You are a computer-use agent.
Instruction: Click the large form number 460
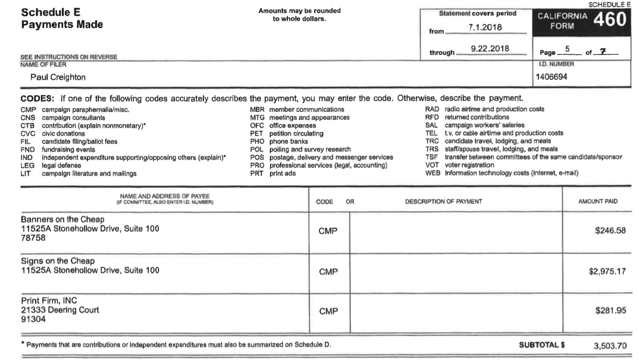610,20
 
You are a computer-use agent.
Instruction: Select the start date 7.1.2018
486,27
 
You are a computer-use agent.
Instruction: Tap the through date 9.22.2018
490,49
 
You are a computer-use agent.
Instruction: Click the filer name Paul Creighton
58,77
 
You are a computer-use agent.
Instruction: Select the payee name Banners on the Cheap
62,220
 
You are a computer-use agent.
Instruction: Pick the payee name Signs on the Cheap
58,261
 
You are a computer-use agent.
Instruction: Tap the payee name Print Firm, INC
49,300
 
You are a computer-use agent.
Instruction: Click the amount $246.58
610,231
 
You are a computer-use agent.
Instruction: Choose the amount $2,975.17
607,271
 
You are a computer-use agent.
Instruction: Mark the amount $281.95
610,311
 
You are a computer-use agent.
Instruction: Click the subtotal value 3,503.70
610,346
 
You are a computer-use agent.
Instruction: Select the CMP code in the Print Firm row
328,311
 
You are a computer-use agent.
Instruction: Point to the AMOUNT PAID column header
597,202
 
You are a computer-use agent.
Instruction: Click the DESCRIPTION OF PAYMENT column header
443,202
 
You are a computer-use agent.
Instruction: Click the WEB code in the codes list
432,173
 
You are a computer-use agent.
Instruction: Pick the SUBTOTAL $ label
541,345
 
